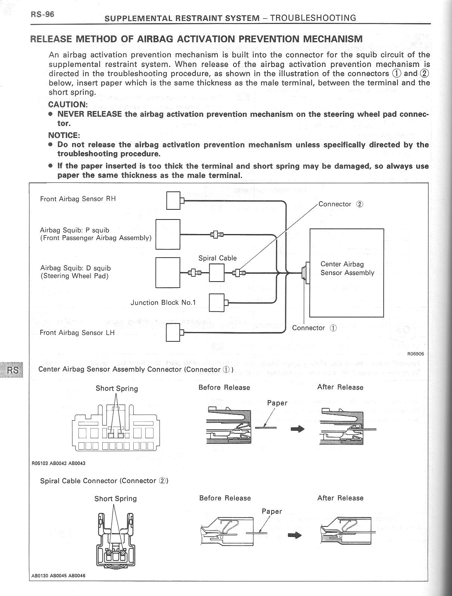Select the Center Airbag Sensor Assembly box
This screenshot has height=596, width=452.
347,273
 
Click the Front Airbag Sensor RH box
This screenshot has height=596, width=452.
173,200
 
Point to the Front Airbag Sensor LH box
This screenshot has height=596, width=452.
173,332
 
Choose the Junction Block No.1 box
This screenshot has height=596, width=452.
216,302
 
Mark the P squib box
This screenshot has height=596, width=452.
168,234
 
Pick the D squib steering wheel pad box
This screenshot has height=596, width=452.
168,273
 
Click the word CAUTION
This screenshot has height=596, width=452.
68,104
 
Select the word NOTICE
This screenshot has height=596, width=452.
64,135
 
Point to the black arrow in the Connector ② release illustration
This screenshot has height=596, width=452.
295,535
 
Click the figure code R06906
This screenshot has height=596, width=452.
415,354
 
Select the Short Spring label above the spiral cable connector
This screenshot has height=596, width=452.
115,498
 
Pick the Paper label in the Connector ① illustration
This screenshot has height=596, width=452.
277,403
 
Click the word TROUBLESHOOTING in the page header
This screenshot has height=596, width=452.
313,18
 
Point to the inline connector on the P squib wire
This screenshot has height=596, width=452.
217,234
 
